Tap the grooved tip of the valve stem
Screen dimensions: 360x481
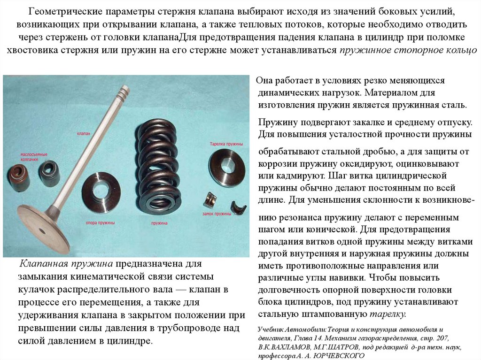(x=124, y=92)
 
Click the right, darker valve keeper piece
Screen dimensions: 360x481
(x=238, y=207)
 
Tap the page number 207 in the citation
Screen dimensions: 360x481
(x=442, y=338)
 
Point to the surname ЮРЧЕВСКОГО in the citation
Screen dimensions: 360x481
(x=341, y=355)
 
